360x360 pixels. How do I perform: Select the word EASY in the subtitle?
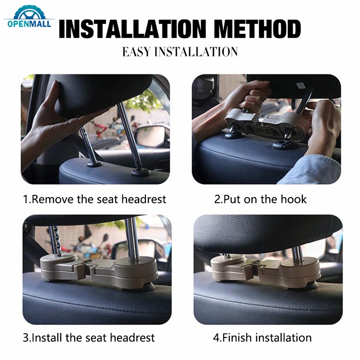coord(136,52)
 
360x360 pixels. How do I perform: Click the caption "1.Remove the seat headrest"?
coord(94,199)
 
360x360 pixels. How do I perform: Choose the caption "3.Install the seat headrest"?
coord(89,337)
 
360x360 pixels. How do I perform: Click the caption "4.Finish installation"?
coord(262,337)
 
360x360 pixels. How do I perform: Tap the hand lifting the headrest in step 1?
coord(49,121)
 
